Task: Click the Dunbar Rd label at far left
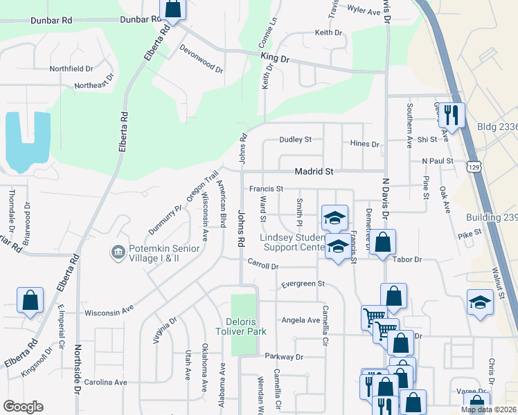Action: [x=51, y=21]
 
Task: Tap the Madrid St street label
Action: [x=314, y=171]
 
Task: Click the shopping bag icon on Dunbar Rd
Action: [x=173, y=10]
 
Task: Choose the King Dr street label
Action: [x=275, y=59]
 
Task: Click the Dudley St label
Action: [x=296, y=140]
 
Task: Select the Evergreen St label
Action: [x=303, y=284]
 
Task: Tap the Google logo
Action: [x=23, y=406]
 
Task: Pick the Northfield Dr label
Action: [x=71, y=68]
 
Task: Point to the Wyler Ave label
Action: [x=364, y=10]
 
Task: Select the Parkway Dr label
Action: [x=284, y=357]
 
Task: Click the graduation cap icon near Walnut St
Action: [x=480, y=302]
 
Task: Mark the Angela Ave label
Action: [x=300, y=320]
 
